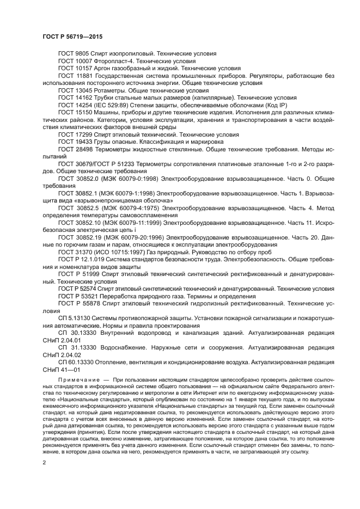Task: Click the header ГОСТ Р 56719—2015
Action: point(72,36)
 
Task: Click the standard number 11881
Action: point(84,76)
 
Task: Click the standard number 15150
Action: point(84,112)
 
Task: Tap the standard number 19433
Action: point(84,140)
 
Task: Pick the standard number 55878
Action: point(93,303)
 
